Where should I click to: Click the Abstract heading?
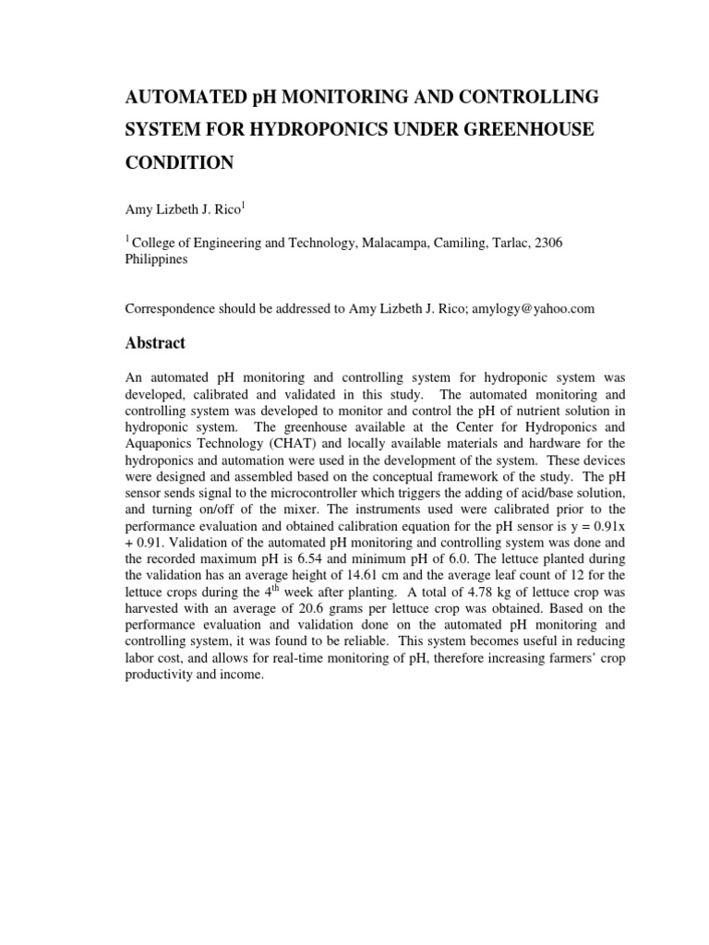(x=155, y=343)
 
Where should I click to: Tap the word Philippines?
(x=156, y=259)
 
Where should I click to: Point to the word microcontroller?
(x=283, y=493)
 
